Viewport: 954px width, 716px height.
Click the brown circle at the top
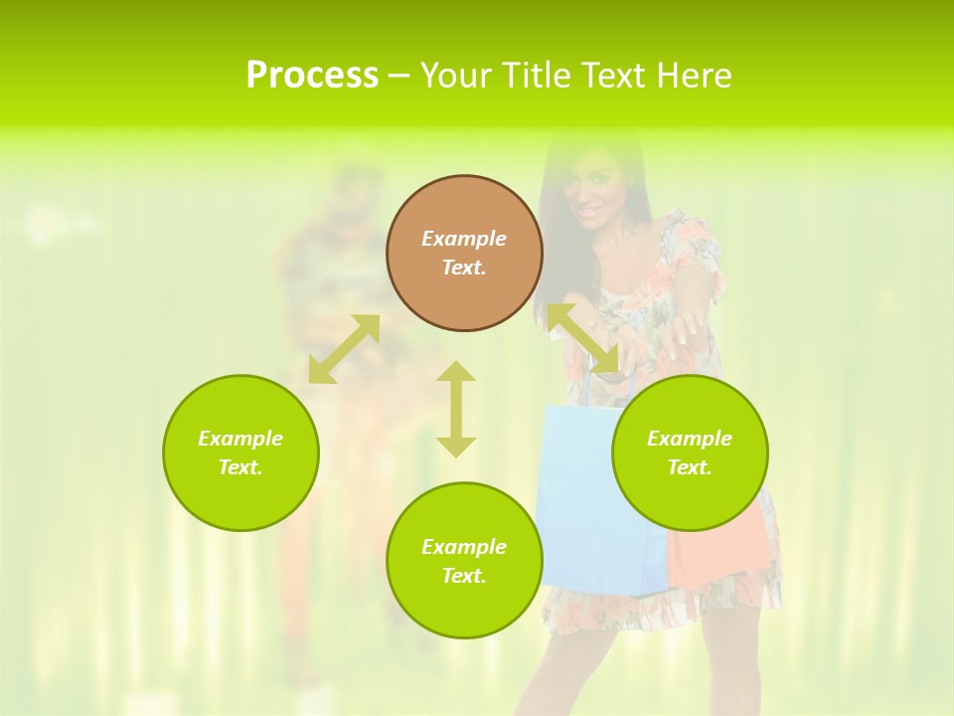point(464,253)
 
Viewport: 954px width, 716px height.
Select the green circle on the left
point(240,452)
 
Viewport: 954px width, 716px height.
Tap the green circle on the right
point(690,452)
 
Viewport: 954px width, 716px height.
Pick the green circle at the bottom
point(464,560)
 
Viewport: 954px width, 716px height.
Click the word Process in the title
point(312,76)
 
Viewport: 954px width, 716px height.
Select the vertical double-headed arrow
point(456,409)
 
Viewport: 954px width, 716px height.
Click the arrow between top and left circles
point(344,348)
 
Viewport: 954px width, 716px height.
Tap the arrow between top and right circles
point(582,338)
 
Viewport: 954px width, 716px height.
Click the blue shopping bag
point(586,497)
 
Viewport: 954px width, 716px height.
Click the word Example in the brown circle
point(464,239)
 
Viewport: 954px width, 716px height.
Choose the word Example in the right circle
point(690,439)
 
